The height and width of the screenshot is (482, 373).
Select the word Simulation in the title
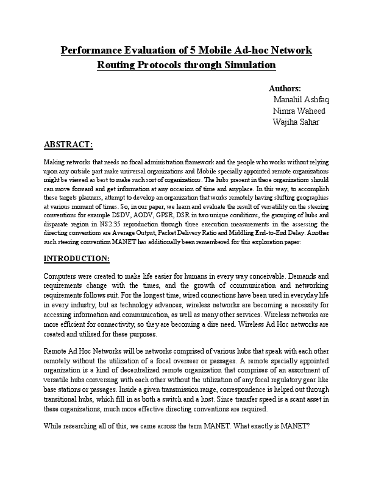(x=248, y=65)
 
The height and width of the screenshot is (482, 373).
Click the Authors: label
(x=285, y=89)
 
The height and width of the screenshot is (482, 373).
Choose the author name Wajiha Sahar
(x=296, y=122)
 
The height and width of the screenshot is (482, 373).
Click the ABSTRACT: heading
(x=69, y=145)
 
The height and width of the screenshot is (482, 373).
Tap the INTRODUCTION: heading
(x=77, y=258)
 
